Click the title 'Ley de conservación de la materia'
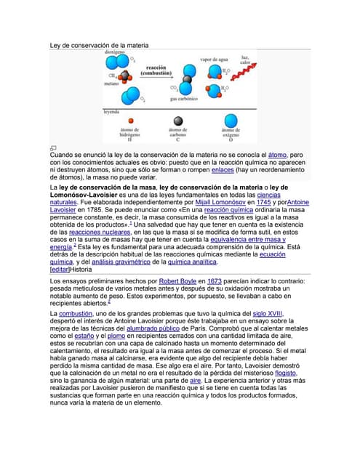tap(99, 45)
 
